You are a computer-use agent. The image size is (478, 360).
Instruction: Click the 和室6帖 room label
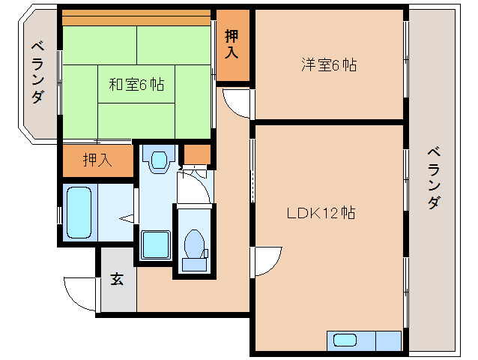(136, 85)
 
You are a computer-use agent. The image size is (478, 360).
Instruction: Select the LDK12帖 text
(321, 213)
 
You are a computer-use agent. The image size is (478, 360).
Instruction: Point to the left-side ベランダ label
(37, 73)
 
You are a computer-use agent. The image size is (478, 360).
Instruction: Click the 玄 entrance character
(117, 279)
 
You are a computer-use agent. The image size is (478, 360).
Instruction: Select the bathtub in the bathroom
(79, 212)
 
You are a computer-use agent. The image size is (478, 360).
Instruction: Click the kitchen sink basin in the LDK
(345, 340)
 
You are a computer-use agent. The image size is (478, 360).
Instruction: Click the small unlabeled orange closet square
(197, 154)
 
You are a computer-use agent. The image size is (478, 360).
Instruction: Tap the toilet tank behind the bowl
(194, 263)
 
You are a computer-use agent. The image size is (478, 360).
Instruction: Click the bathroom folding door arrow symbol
(127, 219)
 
